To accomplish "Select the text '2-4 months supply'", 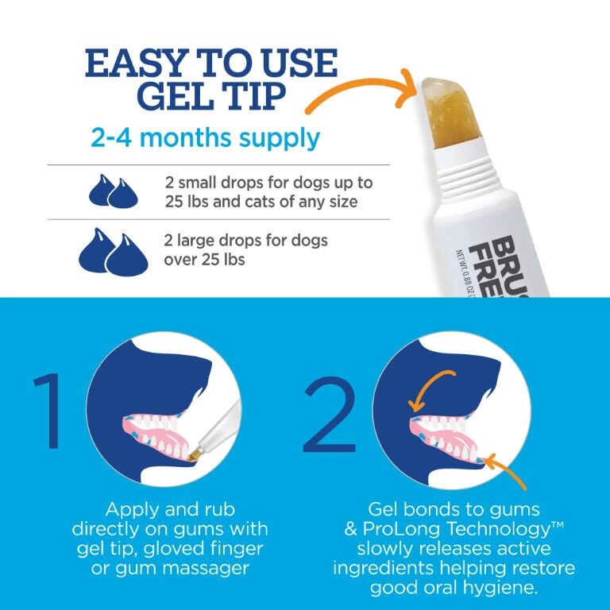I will pyautogui.click(x=205, y=138).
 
